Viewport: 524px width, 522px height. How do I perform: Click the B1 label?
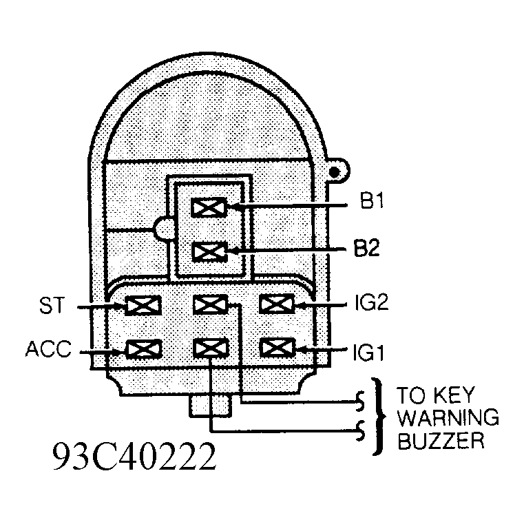(371, 201)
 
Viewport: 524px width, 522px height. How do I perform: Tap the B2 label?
(367, 248)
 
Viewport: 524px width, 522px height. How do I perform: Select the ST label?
(51, 306)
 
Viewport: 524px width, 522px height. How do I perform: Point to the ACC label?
(48, 348)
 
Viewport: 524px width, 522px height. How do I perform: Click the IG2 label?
(372, 303)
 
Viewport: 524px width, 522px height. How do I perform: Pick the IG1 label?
(368, 353)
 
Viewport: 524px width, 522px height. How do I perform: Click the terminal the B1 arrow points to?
(209, 207)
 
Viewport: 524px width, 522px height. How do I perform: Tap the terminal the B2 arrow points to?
(210, 251)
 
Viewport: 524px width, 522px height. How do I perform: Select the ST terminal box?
(143, 306)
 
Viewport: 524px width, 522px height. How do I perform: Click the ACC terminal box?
(144, 349)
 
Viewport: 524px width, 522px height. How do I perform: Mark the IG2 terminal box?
(277, 304)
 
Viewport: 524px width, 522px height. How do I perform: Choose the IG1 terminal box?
(277, 348)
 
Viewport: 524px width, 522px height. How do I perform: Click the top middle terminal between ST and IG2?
(211, 304)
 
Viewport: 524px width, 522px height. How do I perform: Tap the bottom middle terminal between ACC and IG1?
(211, 348)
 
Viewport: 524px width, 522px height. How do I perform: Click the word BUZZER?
(441, 441)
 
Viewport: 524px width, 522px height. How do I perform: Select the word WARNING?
(448, 418)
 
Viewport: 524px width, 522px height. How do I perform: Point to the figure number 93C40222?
(134, 457)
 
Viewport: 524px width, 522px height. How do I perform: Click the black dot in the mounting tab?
(334, 171)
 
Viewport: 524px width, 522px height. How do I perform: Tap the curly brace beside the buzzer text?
(379, 417)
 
